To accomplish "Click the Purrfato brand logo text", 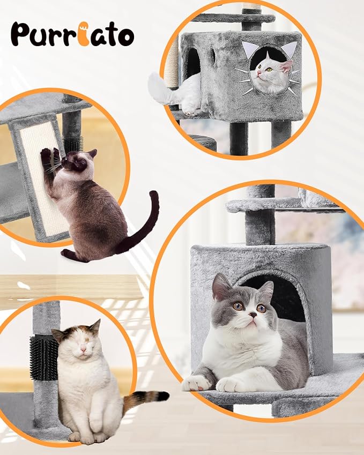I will (x=72, y=34).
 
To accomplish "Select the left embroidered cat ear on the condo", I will (x=249, y=50).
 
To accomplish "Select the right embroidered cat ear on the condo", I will (x=289, y=50).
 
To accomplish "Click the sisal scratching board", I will (x=40, y=177).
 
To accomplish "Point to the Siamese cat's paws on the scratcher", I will (x=50, y=156).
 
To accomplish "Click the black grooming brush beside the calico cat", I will (x=43, y=359).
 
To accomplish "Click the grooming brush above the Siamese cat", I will (x=71, y=143).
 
